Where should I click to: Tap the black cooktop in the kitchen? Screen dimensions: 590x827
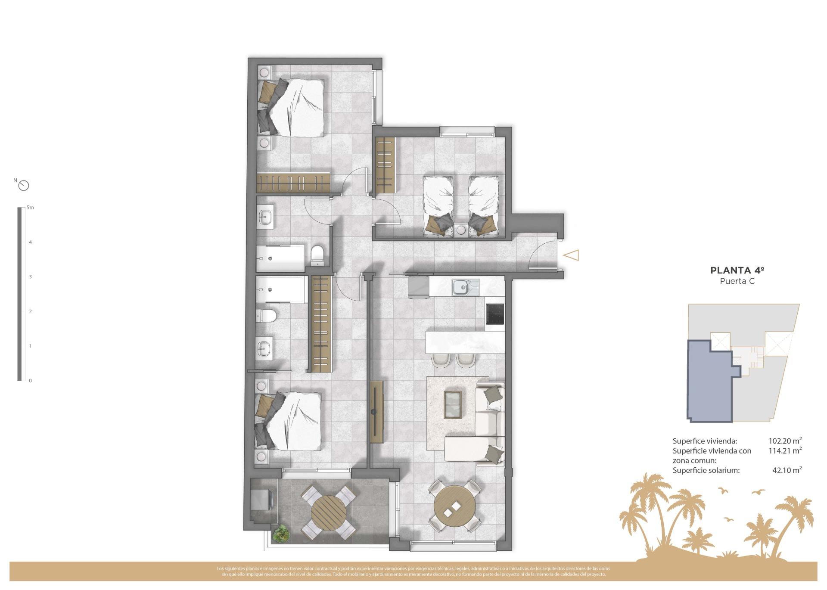(494, 314)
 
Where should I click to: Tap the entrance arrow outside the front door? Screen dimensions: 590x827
(571, 255)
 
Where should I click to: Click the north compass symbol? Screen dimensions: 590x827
(24, 186)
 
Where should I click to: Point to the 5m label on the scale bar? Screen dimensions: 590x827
(30, 208)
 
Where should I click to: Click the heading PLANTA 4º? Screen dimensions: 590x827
(737, 270)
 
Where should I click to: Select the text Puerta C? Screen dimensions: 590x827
(737, 281)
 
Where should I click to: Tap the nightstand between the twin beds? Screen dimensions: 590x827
(461, 230)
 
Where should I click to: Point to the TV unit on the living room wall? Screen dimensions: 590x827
(376, 412)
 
